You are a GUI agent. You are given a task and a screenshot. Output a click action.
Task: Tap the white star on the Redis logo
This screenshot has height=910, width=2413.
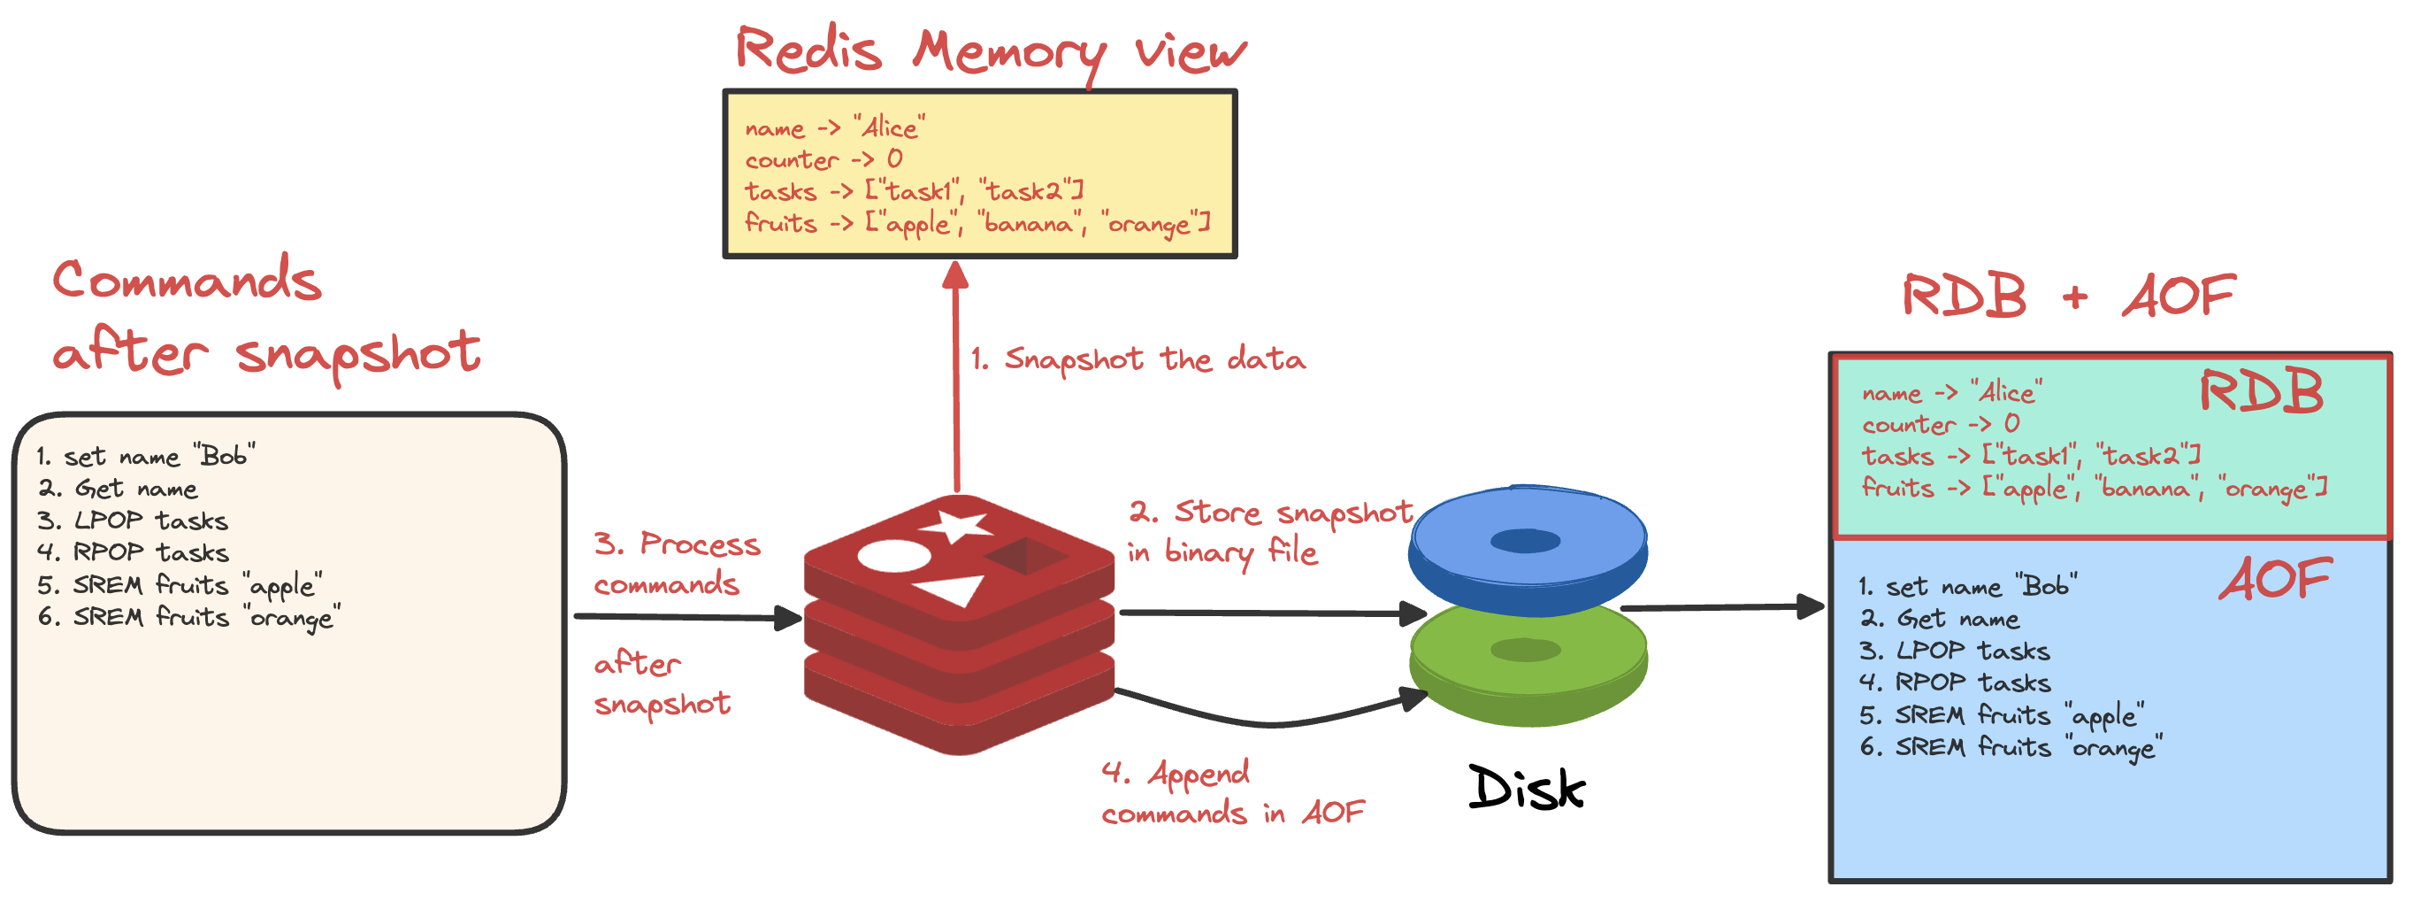pyautogui.click(x=954, y=526)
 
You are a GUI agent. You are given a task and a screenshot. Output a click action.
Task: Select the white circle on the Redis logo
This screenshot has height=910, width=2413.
pyautogui.click(x=893, y=556)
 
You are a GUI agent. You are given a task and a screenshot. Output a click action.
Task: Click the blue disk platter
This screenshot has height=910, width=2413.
pyautogui.click(x=1527, y=544)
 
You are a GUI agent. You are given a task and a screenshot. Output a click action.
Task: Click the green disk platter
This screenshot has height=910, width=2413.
pyautogui.click(x=1527, y=656)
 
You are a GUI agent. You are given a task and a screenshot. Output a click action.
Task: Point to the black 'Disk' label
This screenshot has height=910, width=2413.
pyautogui.click(x=1526, y=788)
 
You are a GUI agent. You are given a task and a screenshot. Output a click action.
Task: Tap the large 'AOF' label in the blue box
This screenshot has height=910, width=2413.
pyautogui.click(x=2274, y=579)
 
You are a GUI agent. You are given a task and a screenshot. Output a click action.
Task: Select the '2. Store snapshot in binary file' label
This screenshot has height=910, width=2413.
pyautogui.click(x=1268, y=531)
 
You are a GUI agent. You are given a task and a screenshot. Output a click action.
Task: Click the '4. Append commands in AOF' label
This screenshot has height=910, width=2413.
pyautogui.click(x=1232, y=794)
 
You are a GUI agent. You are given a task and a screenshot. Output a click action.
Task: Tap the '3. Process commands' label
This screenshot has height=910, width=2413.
pyautogui.click(x=677, y=563)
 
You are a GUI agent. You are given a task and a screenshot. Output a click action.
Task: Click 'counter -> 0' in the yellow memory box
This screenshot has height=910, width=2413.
pyautogui.click(x=823, y=159)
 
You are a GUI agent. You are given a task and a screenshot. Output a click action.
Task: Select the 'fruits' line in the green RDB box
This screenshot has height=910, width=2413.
pyautogui.click(x=2093, y=489)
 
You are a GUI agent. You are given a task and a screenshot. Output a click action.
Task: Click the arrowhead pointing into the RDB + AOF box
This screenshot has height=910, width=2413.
pyautogui.click(x=1811, y=606)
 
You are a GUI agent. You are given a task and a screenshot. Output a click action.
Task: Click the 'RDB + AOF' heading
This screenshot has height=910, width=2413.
pyautogui.click(x=2067, y=297)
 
